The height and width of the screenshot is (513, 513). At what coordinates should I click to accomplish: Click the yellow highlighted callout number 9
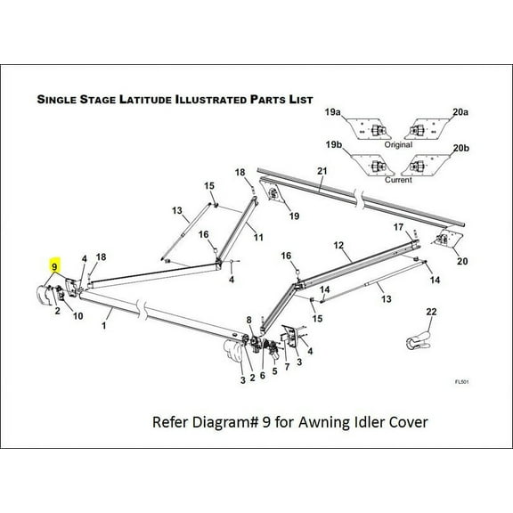tap(54, 266)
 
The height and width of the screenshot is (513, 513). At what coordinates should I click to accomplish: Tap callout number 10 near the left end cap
tap(77, 315)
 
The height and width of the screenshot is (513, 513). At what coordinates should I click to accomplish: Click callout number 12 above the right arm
tap(338, 243)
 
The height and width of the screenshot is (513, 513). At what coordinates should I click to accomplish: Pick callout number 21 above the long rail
tap(322, 171)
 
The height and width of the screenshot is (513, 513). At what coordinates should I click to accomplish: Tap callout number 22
tap(431, 311)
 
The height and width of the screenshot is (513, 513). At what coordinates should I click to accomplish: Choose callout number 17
tap(398, 227)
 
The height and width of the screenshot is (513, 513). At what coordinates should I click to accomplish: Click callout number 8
tap(248, 320)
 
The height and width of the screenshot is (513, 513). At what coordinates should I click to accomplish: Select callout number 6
tap(262, 376)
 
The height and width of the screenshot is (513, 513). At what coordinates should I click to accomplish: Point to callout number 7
tap(287, 367)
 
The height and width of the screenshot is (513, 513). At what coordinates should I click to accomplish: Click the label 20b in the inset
tap(460, 144)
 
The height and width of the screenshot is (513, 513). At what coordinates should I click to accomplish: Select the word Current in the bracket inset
tap(397, 179)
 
